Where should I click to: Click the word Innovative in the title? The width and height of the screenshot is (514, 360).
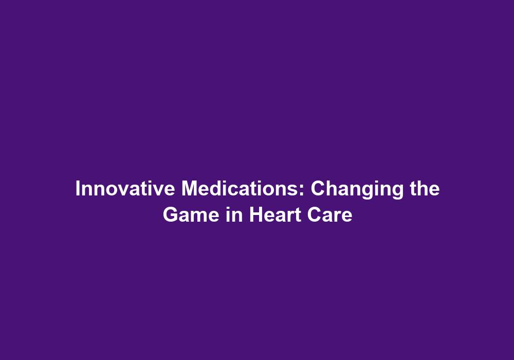click(x=125, y=189)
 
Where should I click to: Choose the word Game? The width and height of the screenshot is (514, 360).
click(x=191, y=215)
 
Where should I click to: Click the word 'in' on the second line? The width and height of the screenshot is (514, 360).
click(x=234, y=215)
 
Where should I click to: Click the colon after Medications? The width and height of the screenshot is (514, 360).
click(x=302, y=190)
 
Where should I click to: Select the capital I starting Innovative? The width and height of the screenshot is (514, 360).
click(x=78, y=189)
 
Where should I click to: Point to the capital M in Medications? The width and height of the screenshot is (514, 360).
click(x=190, y=189)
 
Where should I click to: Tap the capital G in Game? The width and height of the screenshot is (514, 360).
click(x=171, y=215)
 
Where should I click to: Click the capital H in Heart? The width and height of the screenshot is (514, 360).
click(x=256, y=215)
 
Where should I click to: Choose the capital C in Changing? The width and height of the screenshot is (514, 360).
click(x=318, y=189)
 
